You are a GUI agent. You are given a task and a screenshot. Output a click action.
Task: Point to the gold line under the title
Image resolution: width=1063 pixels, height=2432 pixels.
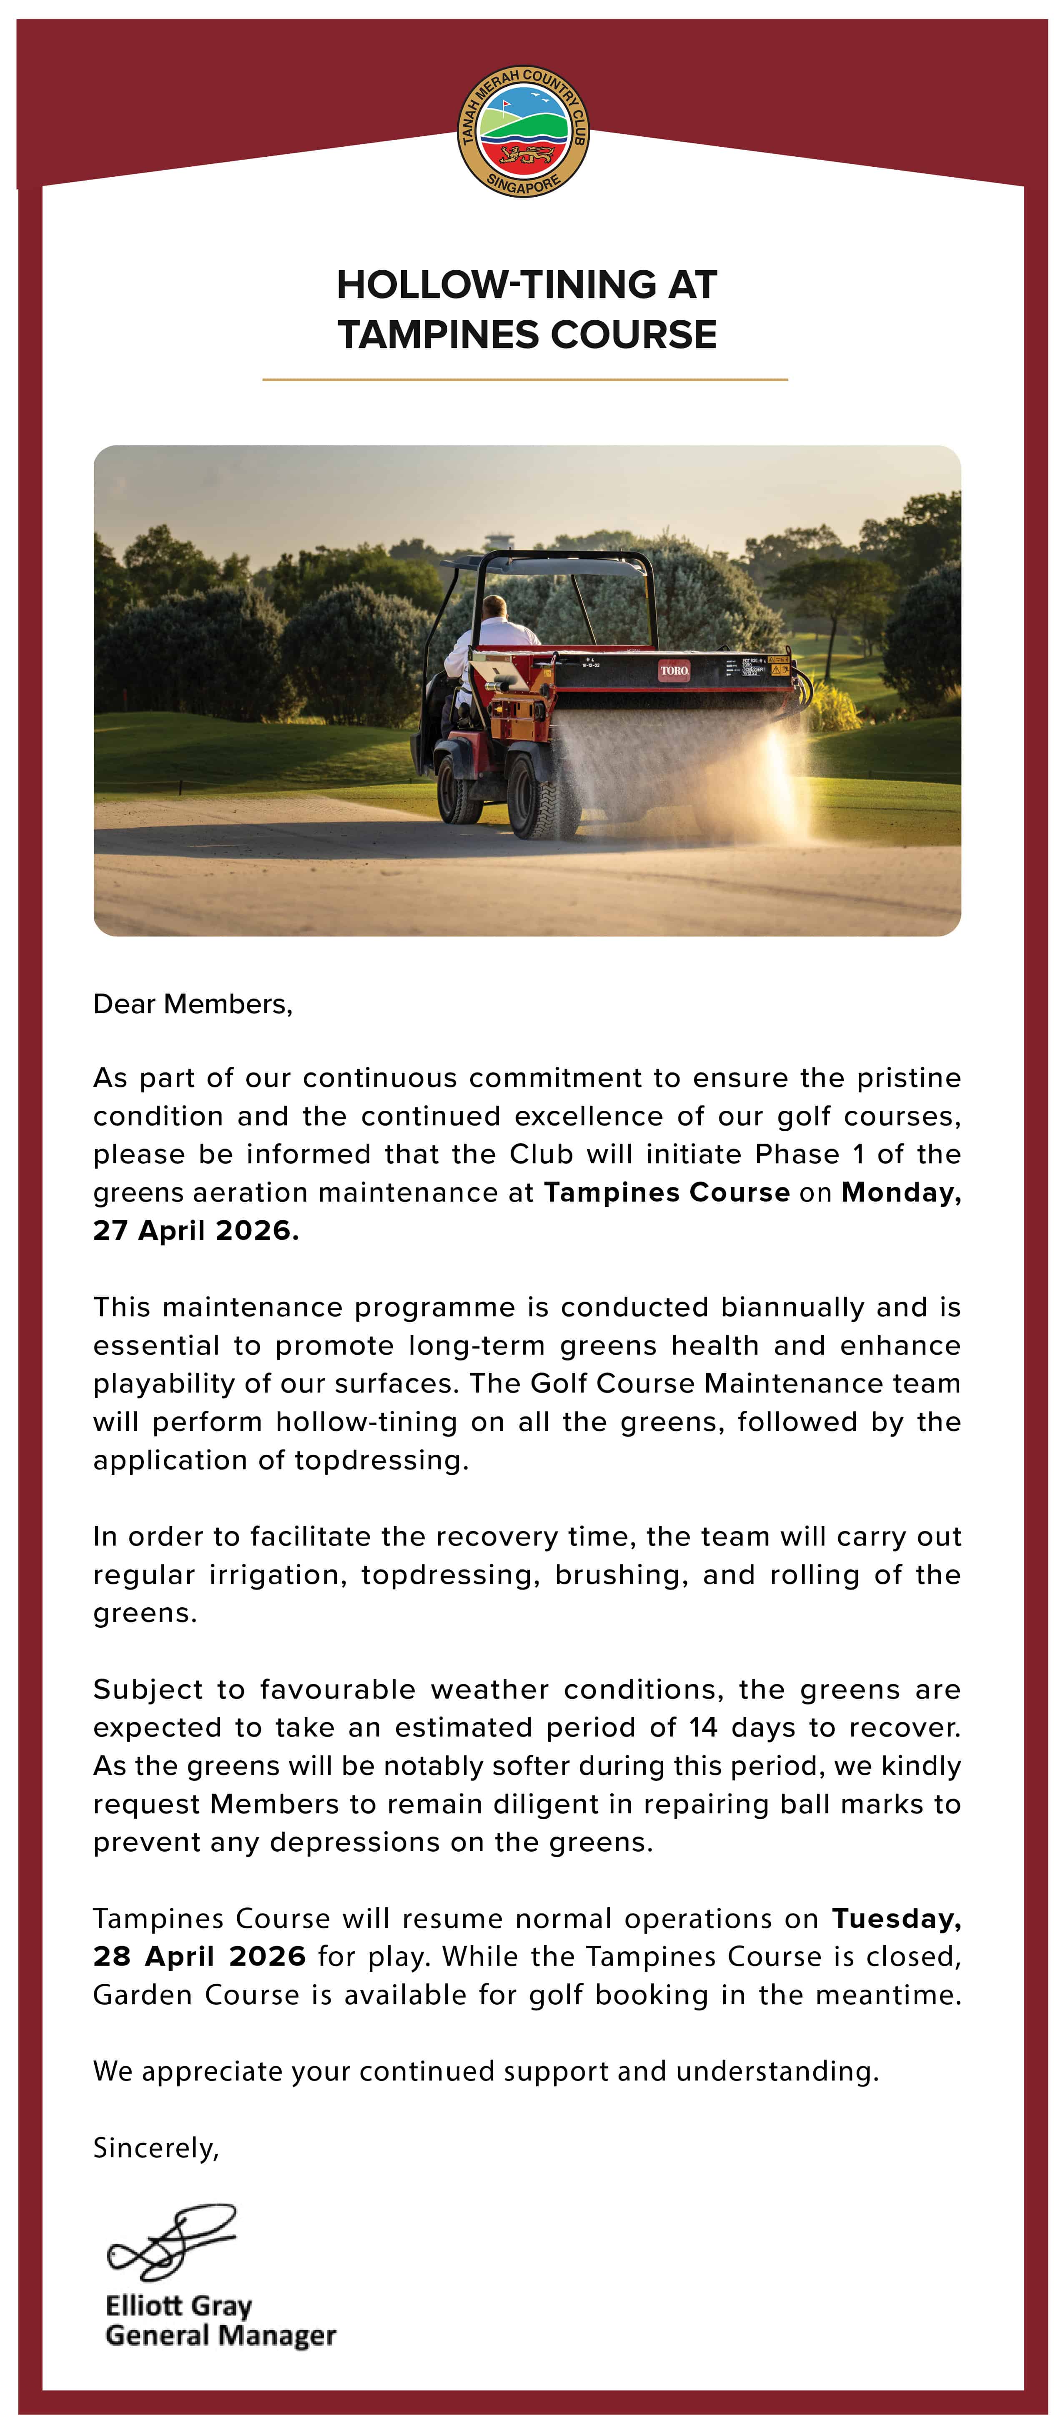525,379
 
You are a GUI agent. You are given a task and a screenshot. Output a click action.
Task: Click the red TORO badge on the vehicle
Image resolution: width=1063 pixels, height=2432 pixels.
674,670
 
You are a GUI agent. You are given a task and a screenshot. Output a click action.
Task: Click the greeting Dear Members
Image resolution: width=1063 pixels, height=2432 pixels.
193,1004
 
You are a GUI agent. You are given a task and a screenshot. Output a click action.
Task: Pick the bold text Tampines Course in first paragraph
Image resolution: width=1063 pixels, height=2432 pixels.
667,1192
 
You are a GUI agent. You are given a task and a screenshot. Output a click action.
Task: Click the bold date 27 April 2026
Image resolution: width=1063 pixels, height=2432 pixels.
196,1230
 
